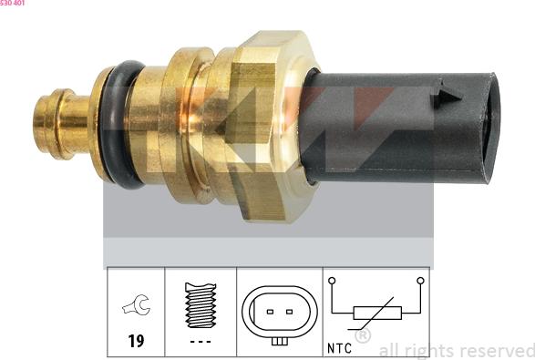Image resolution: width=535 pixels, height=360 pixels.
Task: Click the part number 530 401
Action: point(13,4)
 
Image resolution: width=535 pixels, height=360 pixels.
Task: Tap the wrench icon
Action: point(137,308)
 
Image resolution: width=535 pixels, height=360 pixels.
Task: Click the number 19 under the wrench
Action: point(136,342)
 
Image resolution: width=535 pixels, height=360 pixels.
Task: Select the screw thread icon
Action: point(201,305)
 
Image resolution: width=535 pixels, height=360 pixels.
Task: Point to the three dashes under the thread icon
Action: point(201,342)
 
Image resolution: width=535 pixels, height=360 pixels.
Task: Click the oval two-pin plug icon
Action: point(280,311)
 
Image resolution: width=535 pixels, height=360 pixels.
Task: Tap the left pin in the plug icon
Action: point(270,312)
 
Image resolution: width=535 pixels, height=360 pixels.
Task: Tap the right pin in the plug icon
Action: point(290,312)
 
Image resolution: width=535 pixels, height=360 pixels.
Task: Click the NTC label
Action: point(339,347)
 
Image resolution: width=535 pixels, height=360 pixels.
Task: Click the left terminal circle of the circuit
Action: point(333,282)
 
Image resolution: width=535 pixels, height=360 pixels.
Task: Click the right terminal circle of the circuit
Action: point(420,282)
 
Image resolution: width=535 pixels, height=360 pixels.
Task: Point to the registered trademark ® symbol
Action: point(362,336)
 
